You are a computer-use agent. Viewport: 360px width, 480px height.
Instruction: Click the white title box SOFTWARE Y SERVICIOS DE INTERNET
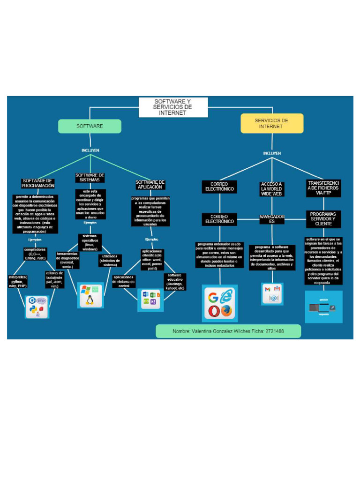point(173,107)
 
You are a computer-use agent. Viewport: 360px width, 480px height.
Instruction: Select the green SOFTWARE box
point(90,126)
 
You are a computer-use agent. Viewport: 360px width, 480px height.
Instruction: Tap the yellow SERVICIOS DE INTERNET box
point(271,123)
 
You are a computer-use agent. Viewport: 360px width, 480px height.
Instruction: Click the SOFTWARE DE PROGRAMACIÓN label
point(38,183)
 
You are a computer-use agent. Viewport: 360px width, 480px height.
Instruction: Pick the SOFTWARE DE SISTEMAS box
point(90,177)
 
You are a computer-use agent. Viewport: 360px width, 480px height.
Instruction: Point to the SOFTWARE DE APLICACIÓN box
point(150,184)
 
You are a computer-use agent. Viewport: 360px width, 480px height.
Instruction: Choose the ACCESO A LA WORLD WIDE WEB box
point(272,189)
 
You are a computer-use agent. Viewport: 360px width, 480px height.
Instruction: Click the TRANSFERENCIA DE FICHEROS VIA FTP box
point(323,187)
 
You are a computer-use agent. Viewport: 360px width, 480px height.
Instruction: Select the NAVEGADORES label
point(272,219)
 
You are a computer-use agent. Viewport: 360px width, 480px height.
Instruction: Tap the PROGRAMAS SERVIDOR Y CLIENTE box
point(323,219)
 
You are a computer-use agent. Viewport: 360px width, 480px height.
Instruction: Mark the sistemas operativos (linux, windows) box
point(90,242)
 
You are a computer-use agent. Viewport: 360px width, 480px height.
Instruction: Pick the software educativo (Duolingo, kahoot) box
point(175,282)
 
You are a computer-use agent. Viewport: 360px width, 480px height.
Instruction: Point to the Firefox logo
point(227,311)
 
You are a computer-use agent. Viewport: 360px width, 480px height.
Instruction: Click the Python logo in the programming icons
point(32,309)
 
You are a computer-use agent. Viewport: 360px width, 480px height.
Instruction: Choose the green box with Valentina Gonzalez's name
point(228,331)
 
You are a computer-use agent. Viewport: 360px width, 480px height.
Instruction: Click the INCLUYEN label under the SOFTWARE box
point(90,150)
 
